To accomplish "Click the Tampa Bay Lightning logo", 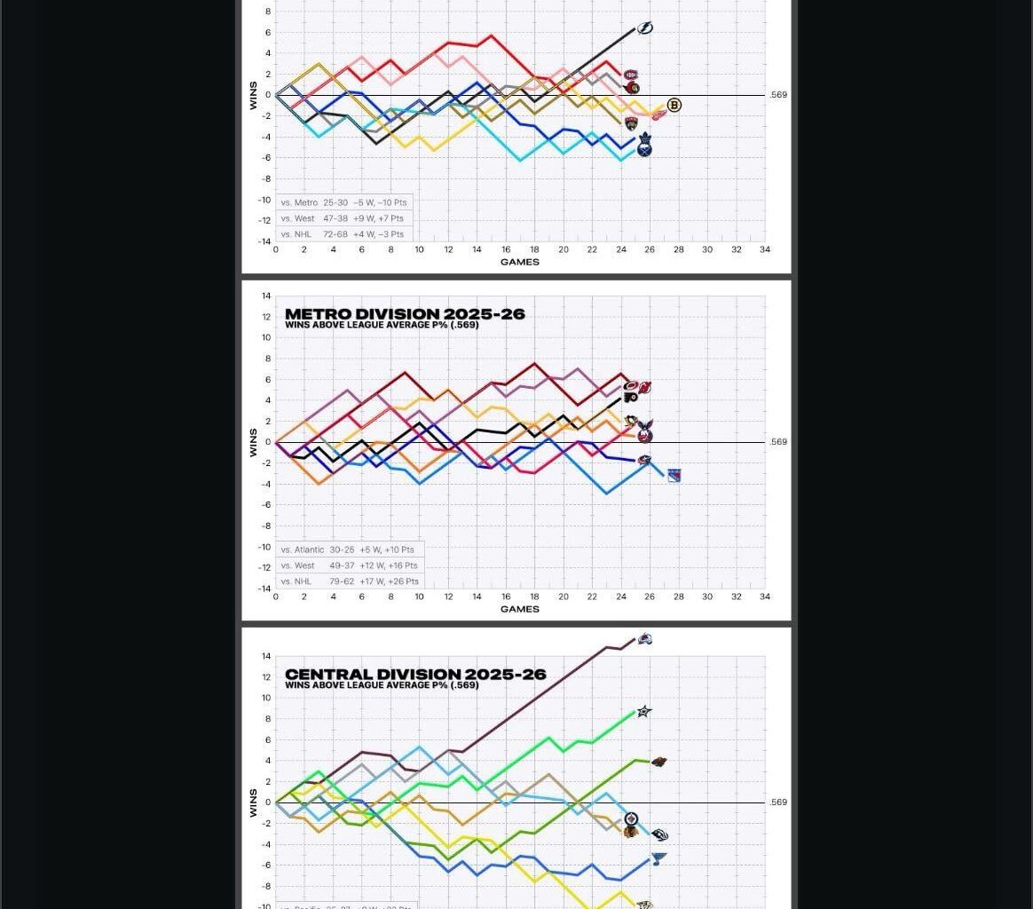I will tap(645, 28).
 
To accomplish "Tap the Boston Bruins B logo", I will tap(674, 106).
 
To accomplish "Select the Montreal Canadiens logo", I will tap(631, 75).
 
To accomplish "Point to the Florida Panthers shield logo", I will tap(631, 123).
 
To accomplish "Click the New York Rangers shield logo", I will tap(674, 476).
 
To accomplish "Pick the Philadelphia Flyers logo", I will tap(631, 397).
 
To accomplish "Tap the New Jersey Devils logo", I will tap(645, 387).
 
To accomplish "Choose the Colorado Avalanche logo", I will tap(645, 639).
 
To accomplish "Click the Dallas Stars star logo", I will tap(644, 711).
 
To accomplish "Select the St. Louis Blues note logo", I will tap(658, 858).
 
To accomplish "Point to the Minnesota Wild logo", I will tap(658, 762).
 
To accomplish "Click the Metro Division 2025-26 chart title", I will tap(405, 314).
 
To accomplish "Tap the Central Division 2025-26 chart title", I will tap(415, 675).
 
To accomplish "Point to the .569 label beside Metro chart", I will tap(778, 442).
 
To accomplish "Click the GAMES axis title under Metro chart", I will tap(520, 609).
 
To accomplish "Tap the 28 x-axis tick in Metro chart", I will tap(678, 597).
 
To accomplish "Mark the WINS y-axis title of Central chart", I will tap(253, 802).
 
